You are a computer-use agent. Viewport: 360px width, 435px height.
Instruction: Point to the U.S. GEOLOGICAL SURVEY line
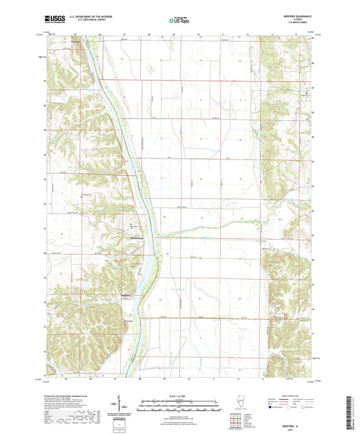tap(81, 22)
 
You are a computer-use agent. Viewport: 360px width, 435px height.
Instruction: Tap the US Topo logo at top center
tap(179, 22)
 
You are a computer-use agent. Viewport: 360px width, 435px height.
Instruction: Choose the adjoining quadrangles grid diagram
tap(235, 413)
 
